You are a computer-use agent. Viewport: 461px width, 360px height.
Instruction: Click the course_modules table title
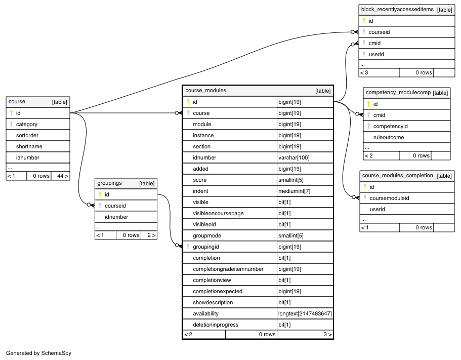pos(206,91)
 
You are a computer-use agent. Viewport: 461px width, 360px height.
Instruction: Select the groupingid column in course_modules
pos(206,247)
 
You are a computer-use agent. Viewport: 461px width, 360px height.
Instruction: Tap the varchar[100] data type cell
pos(294,157)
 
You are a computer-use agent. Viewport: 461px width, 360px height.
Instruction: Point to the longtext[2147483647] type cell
pos(305,313)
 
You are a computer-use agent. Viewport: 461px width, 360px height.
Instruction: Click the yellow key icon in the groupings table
pos(100,194)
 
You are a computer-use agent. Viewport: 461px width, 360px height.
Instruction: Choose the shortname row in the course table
pos(29,146)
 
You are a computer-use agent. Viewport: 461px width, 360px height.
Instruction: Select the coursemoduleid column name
pos(389,198)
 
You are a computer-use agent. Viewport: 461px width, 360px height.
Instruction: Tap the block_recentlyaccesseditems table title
pos(398,10)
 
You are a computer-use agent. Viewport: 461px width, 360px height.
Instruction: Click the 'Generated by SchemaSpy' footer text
pos(38,353)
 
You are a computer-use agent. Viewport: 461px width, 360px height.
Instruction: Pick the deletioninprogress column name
pos(216,325)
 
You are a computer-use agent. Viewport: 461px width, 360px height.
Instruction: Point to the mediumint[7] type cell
pos(295,191)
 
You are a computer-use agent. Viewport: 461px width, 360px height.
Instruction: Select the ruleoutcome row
pos(388,137)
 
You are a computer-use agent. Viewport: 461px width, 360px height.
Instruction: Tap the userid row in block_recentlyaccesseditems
pos(376,54)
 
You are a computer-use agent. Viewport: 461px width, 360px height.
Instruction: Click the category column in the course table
pos(26,124)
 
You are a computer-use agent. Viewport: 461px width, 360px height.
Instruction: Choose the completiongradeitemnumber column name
pos(228,269)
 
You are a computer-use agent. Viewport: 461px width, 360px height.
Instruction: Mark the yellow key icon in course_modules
pos(188,102)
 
